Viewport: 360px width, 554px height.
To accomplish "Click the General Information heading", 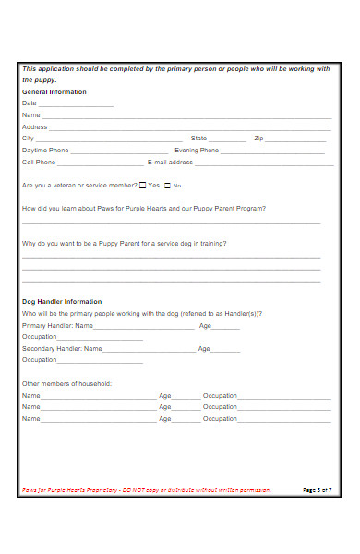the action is tap(54, 92).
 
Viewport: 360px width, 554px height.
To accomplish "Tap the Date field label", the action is tap(29, 103).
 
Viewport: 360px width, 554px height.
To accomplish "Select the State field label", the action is tap(198, 138).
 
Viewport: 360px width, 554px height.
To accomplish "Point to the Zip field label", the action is tap(258, 138).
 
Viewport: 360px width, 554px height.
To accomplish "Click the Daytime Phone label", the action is tap(45, 150).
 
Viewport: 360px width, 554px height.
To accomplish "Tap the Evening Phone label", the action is tap(197, 150).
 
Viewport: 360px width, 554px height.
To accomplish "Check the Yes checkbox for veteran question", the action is tap(142, 185).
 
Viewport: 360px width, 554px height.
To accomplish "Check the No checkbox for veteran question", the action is tap(167, 185).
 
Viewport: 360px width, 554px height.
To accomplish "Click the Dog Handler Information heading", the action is tap(62, 302).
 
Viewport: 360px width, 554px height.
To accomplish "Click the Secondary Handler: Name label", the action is tap(62, 349).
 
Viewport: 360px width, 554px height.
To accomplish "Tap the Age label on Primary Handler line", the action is tap(205, 326).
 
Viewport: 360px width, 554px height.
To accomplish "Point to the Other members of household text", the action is tap(66, 383).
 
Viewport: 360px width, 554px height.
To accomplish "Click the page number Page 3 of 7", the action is tap(317, 490).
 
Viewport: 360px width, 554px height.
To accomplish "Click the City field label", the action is tap(28, 138).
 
